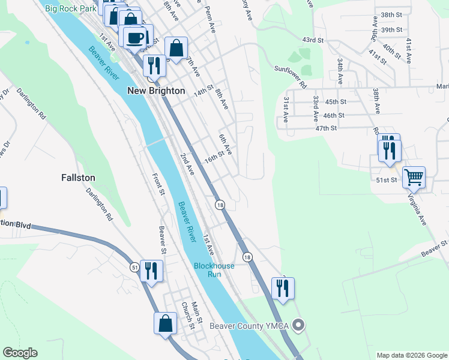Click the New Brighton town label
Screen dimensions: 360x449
(156, 91)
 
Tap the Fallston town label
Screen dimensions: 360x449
(78, 178)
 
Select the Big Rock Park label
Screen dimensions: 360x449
(70, 9)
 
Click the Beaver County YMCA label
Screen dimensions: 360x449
(249, 326)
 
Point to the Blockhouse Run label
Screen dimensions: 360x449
(207, 270)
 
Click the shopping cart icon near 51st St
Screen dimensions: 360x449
(414, 177)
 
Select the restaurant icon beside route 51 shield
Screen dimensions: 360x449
(151, 271)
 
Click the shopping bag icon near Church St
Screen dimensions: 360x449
(165, 323)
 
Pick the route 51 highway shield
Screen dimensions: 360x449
(133, 266)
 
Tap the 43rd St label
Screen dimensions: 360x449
(313, 40)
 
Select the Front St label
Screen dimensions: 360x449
(160, 184)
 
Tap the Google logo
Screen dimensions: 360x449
(20, 353)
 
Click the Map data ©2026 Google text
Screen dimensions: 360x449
(412, 355)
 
